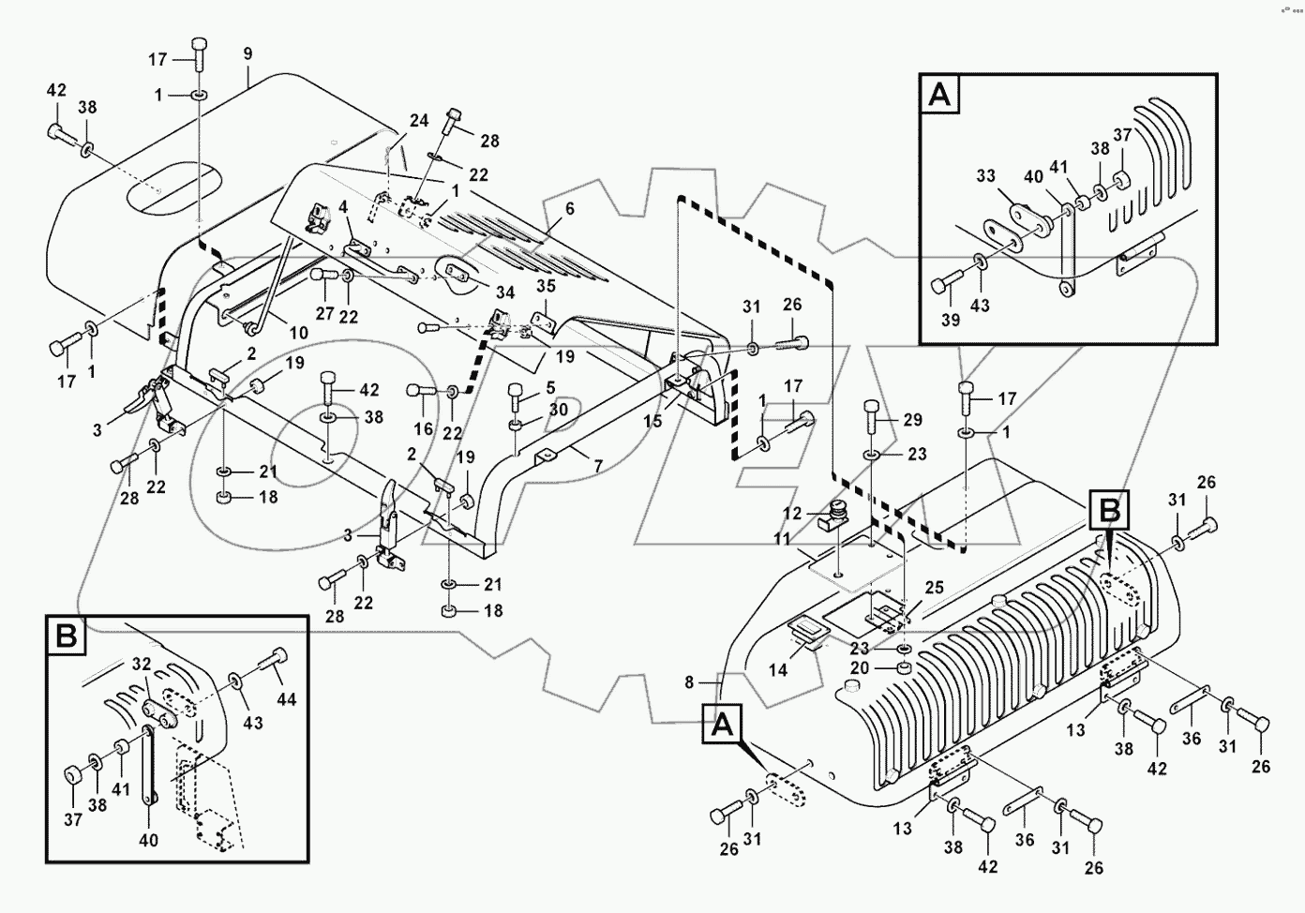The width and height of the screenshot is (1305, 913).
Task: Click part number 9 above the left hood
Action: pos(247,55)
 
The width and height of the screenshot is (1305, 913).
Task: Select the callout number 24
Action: pos(419,120)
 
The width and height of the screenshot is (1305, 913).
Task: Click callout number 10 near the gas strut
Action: pos(297,334)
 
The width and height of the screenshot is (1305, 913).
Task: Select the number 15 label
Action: pos(652,422)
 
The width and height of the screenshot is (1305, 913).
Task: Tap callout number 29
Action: pos(913,419)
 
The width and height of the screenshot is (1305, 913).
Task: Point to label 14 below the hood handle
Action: pos(778,671)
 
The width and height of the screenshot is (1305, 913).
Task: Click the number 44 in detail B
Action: pos(286,699)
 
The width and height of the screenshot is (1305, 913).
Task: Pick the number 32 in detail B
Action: pos(142,664)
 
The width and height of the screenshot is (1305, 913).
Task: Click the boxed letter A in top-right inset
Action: pos(940,96)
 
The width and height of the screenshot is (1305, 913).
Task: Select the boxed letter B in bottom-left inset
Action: pos(67,636)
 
